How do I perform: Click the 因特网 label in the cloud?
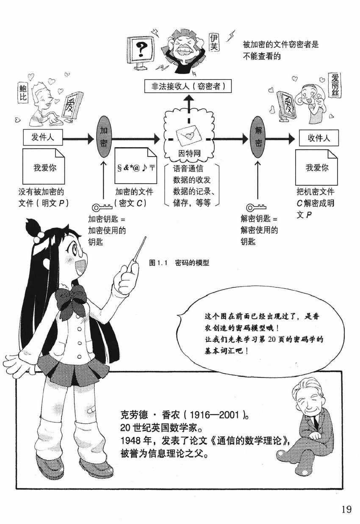click(x=189, y=153)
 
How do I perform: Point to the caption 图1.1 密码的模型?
click(x=180, y=263)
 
